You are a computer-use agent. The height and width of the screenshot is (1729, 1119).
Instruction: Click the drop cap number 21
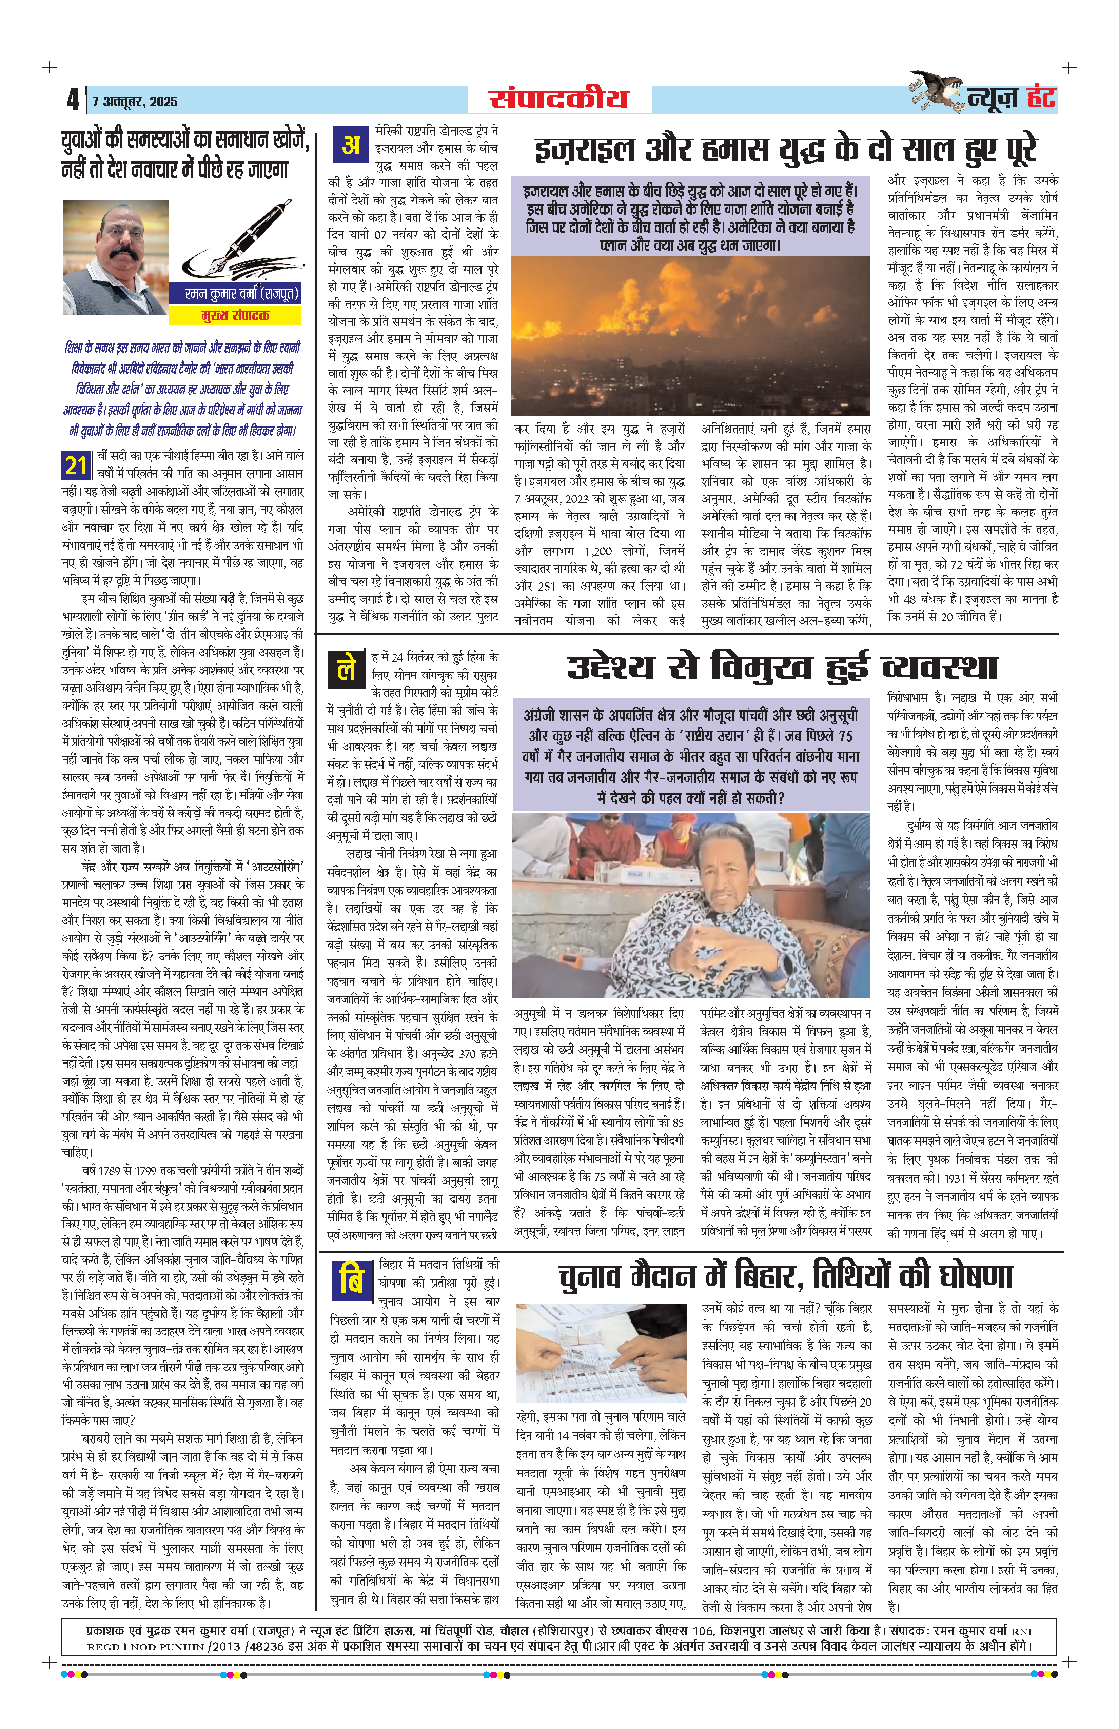coord(76,465)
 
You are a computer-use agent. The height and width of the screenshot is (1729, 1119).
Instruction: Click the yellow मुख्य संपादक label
coord(235,315)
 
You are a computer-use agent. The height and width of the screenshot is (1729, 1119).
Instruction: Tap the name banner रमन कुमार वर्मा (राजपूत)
coord(235,294)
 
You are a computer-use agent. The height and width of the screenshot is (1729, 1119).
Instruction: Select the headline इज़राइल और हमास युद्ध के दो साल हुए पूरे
coord(785,151)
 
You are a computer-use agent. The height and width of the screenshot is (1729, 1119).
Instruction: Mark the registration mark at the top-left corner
coord(50,67)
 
